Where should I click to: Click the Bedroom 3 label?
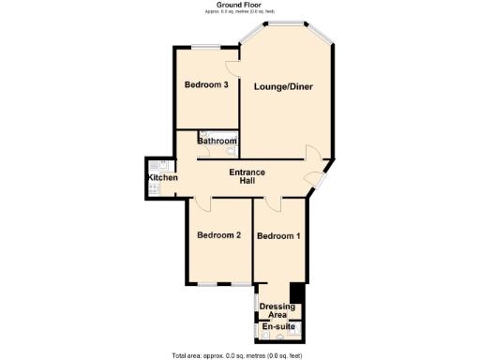point(206,85)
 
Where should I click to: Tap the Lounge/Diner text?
point(283,87)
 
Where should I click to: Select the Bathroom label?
point(217,142)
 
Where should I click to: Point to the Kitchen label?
point(162,178)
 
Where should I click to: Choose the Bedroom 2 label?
point(219,235)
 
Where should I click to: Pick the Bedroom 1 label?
point(278,235)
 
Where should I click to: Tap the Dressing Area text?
point(277,310)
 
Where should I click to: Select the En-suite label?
point(277,326)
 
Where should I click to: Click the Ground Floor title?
point(240,5)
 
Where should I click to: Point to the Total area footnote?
point(236,355)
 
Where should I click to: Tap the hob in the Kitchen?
point(153,189)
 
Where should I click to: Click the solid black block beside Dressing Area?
point(298,292)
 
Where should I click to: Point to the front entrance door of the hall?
point(323,174)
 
